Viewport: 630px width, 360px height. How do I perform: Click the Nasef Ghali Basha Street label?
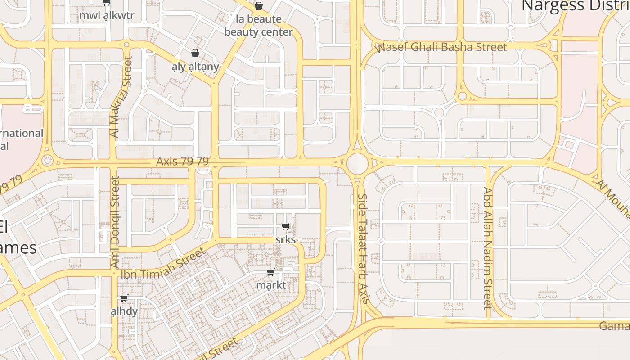point(441,47)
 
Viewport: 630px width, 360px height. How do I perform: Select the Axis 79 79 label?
point(182,161)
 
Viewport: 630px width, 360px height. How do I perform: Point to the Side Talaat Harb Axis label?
point(364,248)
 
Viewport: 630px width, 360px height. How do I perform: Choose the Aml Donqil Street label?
point(115,223)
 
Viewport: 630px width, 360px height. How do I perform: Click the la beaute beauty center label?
point(259,26)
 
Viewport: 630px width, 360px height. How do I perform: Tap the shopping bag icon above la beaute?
point(259,6)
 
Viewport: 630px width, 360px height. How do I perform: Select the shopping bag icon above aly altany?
point(195,53)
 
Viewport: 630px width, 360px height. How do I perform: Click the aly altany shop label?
point(195,67)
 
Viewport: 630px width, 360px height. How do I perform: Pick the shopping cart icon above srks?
point(285,226)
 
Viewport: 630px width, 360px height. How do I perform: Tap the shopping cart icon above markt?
point(270,272)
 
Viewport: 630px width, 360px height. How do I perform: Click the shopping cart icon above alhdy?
point(124,298)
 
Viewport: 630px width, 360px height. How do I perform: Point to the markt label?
point(271,285)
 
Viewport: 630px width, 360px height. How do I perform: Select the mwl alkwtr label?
point(107,16)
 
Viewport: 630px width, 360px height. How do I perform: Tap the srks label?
point(285,239)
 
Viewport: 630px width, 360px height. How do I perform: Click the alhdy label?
point(124,311)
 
